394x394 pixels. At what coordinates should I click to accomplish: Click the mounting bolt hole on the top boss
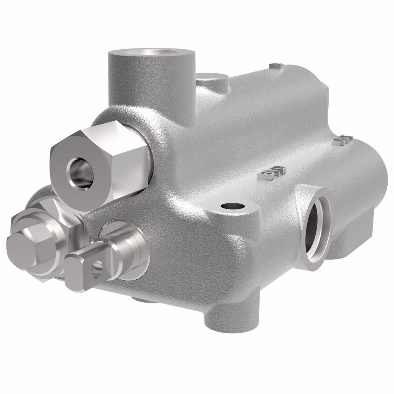tap(233, 206)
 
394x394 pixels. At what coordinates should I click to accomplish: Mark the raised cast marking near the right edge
tap(341, 140)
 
